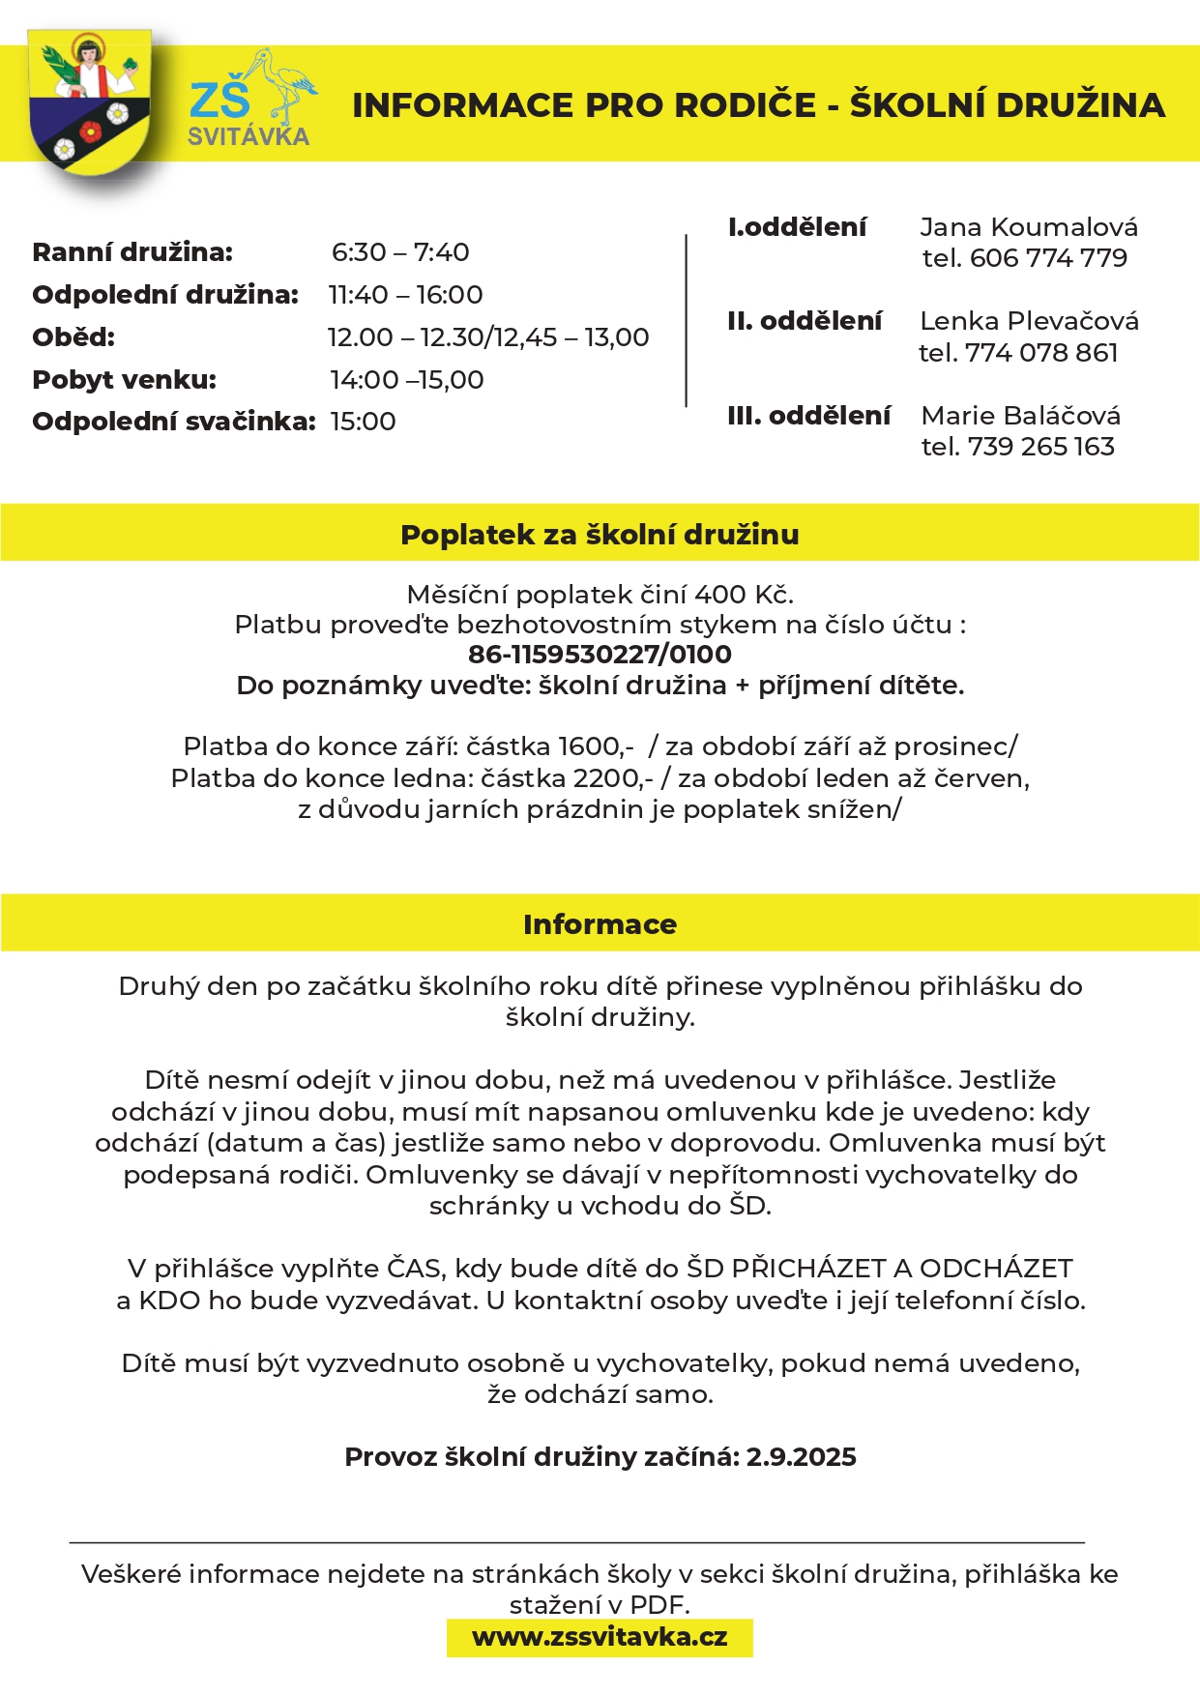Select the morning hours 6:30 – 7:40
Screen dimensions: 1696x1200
[x=400, y=252]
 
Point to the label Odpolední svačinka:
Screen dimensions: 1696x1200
[x=174, y=422]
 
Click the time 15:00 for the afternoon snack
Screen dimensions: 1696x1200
[x=363, y=422]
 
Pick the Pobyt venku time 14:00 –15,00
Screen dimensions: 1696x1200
[x=406, y=380]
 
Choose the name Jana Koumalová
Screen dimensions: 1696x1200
[x=1029, y=227]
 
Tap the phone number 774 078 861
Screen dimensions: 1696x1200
[x=1041, y=353]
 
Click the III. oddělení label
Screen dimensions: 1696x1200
[x=808, y=416]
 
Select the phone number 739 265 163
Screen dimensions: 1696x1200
[x=1040, y=447]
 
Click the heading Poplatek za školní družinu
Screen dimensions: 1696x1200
[x=600, y=535]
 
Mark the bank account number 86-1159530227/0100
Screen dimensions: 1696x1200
[x=600, y=655]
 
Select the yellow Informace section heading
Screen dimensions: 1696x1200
[x=600, y=924]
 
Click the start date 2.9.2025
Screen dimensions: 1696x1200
[x=801, y=1457]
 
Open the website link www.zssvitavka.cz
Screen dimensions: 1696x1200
[x=600, y=1637]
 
